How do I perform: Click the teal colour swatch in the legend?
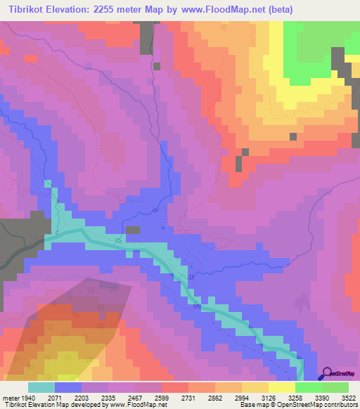pos(41,387)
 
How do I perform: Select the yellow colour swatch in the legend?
pos(282,387)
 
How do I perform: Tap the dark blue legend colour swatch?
pos(68,387)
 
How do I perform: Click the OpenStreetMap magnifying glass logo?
pos(328,374)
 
